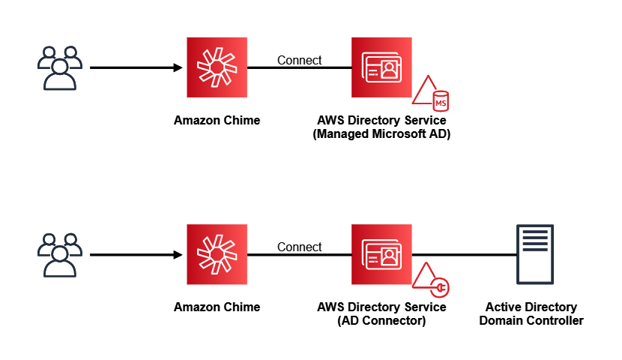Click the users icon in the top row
pyautogui.click(x=59, y=68)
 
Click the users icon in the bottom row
pyautogui.click(x=59, y=255)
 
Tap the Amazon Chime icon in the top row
pyautogui.click(x=217, y=68)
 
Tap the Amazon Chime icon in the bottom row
pyautogui.click(x=217, y=255)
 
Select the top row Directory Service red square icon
pyautogui.click(x=381, y=68)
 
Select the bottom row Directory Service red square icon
pyautogui.click(x=381, y=255)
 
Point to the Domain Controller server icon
pyautogui.click(x=534, y=255)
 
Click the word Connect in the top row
pyautogui.click(x=299, y=60)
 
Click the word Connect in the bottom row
pyautogui.click(x=299, y=247)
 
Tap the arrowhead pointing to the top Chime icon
pyautogui.click(x=178, y=68)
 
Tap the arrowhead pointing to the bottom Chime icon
pyautogui.click(x=178, y=255)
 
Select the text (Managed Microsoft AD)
pyautogui.click(x=381, y=134)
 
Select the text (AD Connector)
pyautogui.click(x=381, y=321)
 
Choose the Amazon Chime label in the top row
pyautogui.click(x=217, y=120)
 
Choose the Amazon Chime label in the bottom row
pyautogui.click(x=217, y=307)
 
